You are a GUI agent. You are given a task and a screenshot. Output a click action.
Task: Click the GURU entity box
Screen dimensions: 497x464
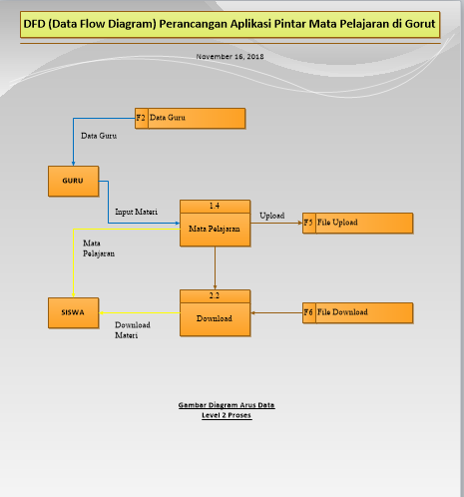[x=72, y=182]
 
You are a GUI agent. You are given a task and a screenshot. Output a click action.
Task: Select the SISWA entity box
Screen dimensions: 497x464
[x=72, y=312]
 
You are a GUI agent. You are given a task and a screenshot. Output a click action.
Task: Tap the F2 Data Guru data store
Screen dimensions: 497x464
[x=190, y=118]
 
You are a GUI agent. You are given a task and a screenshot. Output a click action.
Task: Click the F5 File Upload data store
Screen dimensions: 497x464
[x=357, y=223]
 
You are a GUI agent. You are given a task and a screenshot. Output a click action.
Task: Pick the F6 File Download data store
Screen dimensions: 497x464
[x=357, y=312]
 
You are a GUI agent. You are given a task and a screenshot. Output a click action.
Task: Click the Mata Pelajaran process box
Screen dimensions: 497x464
[x=215, y=228]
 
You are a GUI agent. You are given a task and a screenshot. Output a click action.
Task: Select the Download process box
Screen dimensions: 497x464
[x=215, y=318]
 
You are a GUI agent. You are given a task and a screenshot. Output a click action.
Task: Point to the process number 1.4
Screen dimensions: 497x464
[x=215, y=206]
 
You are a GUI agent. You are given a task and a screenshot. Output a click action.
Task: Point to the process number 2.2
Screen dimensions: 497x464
[x=215, y=295]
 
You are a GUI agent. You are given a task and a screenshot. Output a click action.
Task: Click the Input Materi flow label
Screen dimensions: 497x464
[x=136, y=212]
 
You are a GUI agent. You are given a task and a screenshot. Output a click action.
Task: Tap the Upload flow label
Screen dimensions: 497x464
[x=271, y=215]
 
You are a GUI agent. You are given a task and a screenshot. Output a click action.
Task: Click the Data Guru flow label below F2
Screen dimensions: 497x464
[x=98, y=136]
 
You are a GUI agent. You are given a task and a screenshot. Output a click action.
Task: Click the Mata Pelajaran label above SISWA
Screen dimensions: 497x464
[x=99, y=248]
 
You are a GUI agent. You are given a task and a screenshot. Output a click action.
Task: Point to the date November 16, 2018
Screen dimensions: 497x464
[x=231, y=56]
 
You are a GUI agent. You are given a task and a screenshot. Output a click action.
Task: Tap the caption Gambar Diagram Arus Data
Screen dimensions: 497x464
[x=227, y=405]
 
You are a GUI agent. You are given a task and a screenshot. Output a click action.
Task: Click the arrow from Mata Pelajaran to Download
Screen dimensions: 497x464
[x=215, y=268]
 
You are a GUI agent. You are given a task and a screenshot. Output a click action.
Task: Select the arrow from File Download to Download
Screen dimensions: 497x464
[x=276, y=312]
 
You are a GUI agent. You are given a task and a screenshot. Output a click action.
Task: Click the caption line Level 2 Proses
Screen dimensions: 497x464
[x=227, y=414]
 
